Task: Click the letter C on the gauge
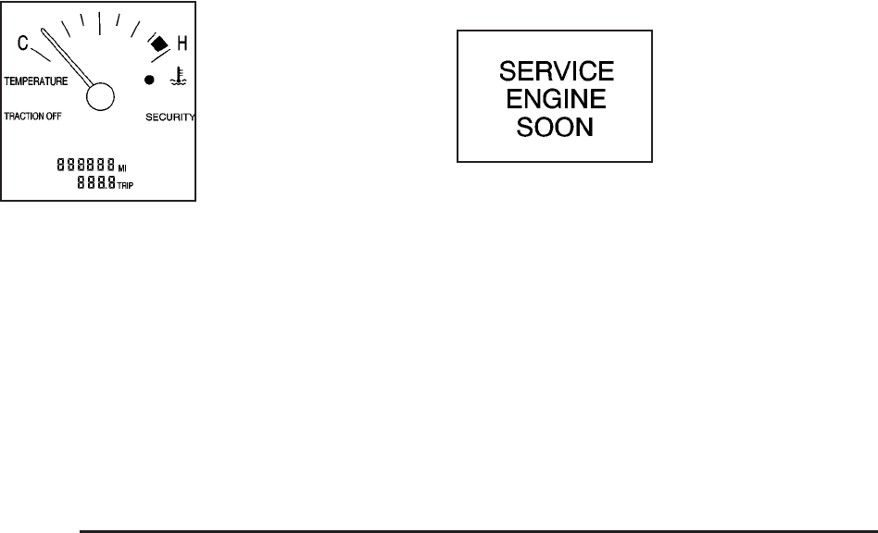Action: click(22, 43)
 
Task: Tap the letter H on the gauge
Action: click(182, 43)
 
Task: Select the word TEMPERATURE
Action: click(35, 81)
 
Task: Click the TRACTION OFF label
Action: click(33, 117)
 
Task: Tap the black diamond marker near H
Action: click(158, 43)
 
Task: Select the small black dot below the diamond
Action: click(150, 81)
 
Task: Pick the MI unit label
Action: click(123, 168)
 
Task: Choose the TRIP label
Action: click(125, 185)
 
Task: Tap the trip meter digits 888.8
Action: click(95, 183)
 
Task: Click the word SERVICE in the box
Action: click(555, 71)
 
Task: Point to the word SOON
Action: click(555, 127)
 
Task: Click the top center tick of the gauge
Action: click(99, 21)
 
